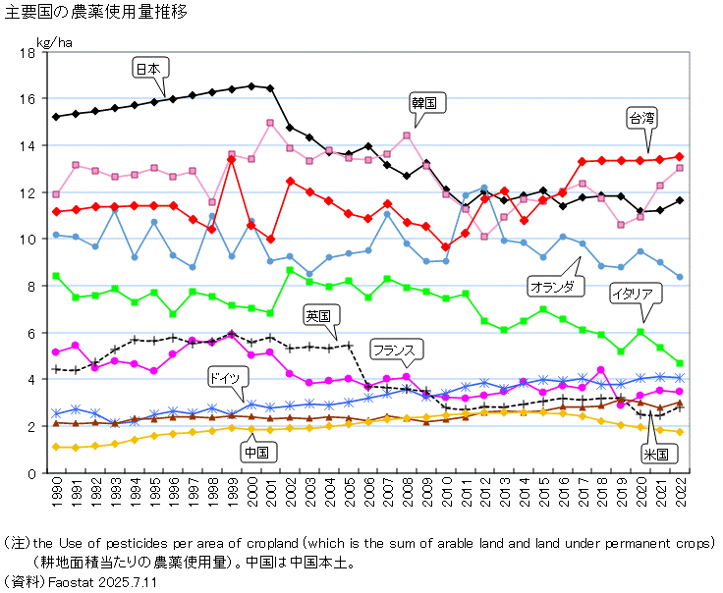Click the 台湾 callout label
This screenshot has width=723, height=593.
tap(642, 118)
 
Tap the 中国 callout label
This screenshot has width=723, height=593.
tap(258, 452)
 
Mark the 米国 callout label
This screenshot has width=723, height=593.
tap(655, 454)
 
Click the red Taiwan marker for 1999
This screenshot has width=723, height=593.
tap(231, 159)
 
